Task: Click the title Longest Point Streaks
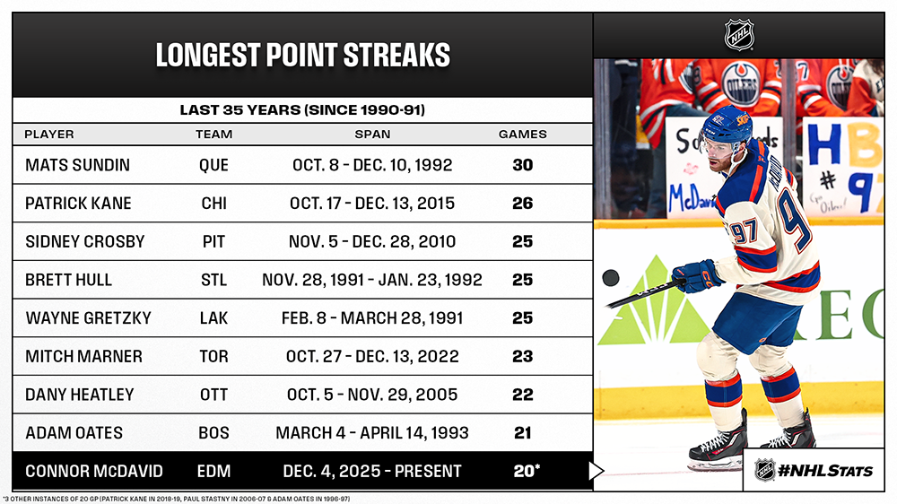point(302,56)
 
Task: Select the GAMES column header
point(522,135)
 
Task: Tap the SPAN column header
point(372,135)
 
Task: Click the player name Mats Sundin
point(78,165)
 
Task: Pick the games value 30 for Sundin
point(523,165)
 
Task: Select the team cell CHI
point(214,204)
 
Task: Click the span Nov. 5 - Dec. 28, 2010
point(372,242)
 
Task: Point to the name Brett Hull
point(69,281)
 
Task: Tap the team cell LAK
point(214,318)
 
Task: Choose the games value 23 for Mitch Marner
point(523,356)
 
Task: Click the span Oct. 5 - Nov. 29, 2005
point(372,395)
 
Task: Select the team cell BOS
point(214,433)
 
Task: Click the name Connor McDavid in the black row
point(94,472)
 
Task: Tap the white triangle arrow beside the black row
point(596,471)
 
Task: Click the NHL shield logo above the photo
point(739,35)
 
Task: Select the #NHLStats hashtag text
point(825,471)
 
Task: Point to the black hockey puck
point(611,278)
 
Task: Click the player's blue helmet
point(725,123)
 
